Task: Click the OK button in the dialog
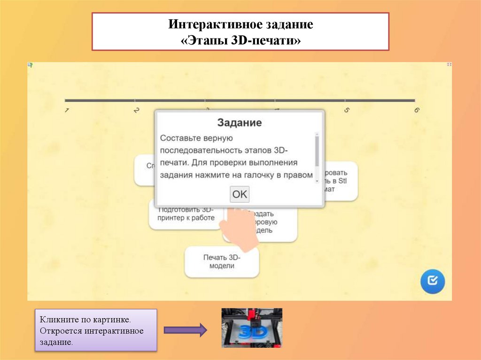[240, 194]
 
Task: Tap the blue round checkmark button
[432, 281]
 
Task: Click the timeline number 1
[67, 110]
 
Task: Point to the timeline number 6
[417, 110]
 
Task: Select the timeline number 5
[347, 110]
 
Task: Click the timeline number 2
[137, 110]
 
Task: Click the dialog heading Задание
[239, 123]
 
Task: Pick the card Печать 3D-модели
[222, 261]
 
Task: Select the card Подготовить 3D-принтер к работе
[186, 214]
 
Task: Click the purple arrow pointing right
[185, 330]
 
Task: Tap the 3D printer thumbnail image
[252, 328]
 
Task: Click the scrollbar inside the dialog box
[317, 150]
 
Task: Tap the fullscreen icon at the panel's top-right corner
[449, 64]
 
